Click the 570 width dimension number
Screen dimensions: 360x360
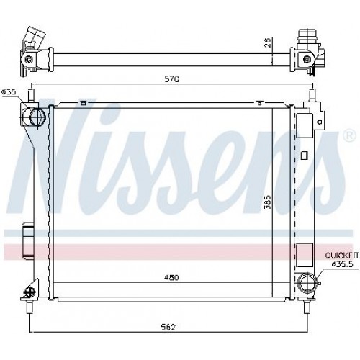pyautogui.click(x=171, y=78)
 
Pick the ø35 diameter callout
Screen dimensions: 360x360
pyautogui.click(x=9, y=91)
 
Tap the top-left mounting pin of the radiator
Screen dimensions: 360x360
pyautogui.click(x=30, y=94)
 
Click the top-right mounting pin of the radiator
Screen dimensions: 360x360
pyautogui.click(x=312, y=94)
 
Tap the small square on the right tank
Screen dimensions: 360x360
pyautogui.click(x=303, y=153)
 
